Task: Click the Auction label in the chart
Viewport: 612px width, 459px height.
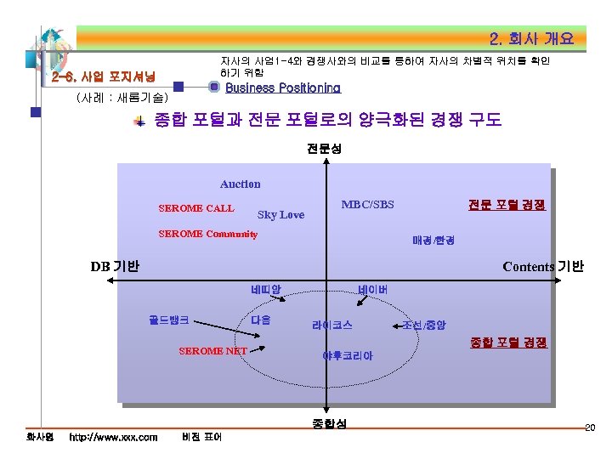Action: click(x=241, y=184)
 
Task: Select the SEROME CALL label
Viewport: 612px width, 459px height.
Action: click(x=196, y=208)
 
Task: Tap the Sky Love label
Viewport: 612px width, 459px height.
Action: click(x=280, y=215)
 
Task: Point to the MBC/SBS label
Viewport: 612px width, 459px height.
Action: click(x=367, y=205)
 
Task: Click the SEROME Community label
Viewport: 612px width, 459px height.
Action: click(x=208, y=234)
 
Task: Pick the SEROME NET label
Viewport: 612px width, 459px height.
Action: click(x=212, y=351)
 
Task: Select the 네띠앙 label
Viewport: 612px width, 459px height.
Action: click(x=266, y=290)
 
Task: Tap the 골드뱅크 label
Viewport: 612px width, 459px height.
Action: click(x=168, y=321)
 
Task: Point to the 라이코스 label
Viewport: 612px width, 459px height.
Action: click(x=332, y=325)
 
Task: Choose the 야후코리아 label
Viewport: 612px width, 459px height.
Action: click(x=347, y=355)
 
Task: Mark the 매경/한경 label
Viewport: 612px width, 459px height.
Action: click(x=433, y=241)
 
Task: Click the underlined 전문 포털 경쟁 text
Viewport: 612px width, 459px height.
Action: click(x=507, y=205)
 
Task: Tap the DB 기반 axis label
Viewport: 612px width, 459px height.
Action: click(x=115, y=266)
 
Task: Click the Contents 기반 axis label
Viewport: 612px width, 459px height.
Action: click(x=543, y=266)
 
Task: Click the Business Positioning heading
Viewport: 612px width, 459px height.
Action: click(x=282, y=88)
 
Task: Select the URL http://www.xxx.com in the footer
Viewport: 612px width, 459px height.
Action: click(x=113, y=437)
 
